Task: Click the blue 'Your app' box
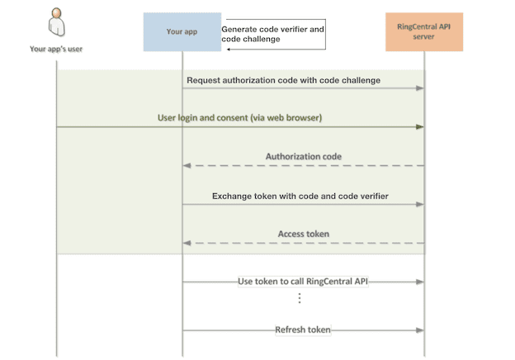click(182, 32)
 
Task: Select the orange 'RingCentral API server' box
click(424, 32)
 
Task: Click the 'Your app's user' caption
click(56, 49)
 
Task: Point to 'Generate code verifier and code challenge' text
click(272, 33)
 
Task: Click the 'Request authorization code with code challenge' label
click(284, 80)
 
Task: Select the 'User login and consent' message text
click(239, 118)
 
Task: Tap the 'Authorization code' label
click(303, 156)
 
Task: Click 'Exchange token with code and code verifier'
click(300, 196)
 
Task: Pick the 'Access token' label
click(303, 234)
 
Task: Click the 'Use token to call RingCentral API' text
click(303, 282)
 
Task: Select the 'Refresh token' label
click(303, 329)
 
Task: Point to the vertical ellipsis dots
click(300, 298)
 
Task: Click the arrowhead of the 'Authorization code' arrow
click(187, 166)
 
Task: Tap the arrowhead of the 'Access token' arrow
click(187, 244)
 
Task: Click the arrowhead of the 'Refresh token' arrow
click(419, 330)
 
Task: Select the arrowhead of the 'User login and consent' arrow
click(419, 127)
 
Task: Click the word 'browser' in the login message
click(301, 118)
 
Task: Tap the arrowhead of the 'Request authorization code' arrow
click(419, 88)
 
